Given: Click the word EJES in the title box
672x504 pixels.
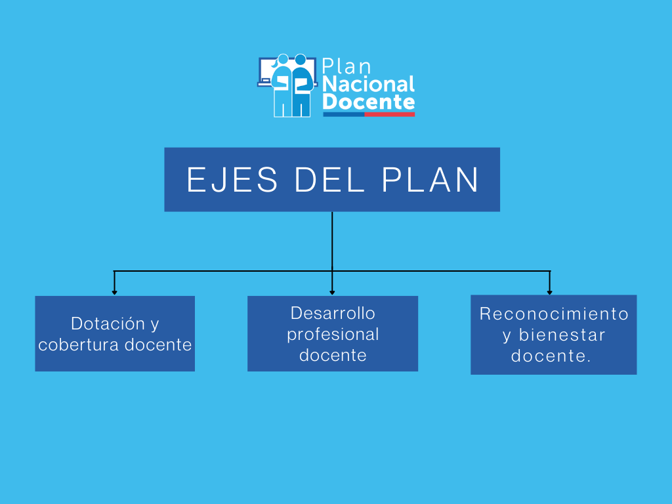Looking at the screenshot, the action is click(x=232, y=180).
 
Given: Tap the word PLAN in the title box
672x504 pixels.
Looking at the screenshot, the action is click(x=430, y=180).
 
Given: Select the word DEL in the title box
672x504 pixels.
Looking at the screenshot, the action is click(x=329, y=180).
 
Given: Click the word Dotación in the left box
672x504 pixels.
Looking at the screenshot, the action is click(x=108, y=324).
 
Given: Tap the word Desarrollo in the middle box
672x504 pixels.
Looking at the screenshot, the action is click(x=333, y=313).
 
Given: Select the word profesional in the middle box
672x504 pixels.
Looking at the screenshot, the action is click(x=333, y=335).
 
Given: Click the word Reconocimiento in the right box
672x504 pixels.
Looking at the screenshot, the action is click(x=554, y=314).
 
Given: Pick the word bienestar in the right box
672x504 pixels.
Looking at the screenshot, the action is click(x=562, y=335).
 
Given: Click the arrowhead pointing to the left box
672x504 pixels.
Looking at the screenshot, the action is click(x=114, y=292).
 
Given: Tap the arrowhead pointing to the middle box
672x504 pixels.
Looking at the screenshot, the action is click(x=332, y=292).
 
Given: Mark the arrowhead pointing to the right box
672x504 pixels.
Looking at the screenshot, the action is click(x=549, y=292).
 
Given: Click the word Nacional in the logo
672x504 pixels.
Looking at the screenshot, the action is click(x=369, y=84).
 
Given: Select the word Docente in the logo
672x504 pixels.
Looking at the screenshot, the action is click(x=369, y=102).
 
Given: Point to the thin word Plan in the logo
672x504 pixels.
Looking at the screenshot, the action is click(x=346, y=66).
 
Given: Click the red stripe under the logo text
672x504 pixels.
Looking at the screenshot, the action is click(x=389, y=114).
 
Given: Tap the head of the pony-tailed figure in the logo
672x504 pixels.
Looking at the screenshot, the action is click(x=283, y=59).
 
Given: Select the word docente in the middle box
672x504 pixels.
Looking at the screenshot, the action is click(x=333, y=355).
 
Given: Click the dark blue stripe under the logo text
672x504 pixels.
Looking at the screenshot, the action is click(x=344, y=114).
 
